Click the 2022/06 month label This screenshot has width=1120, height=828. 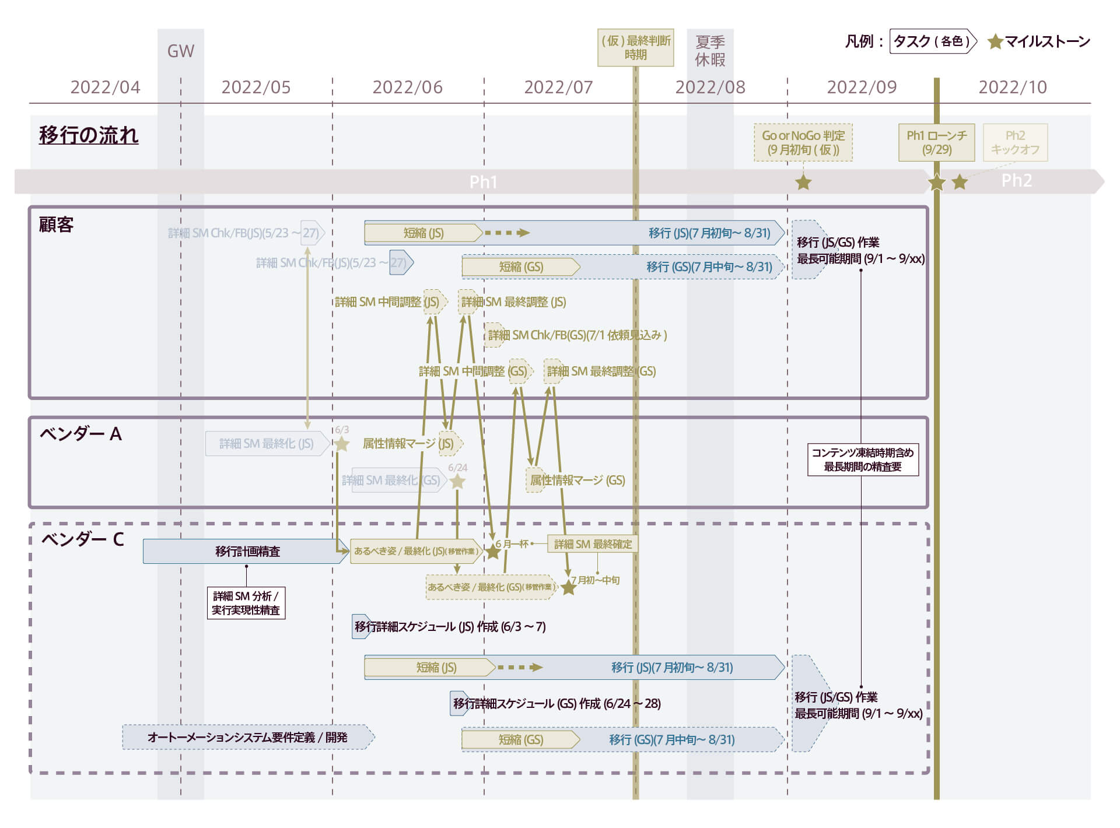pyautogui.click(x=407, y=87)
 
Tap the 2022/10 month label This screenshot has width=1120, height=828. pyautogui.click(x=1012, y=87)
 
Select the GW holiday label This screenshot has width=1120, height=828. pyautogui.click(x=181, y=51)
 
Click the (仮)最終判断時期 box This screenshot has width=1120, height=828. pyautogui.click(x=635, y=48)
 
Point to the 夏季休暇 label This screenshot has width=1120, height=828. pyautogui.click(x=710, y=51)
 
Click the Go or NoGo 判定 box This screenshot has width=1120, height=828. pyautogui.click(x=803, y=142)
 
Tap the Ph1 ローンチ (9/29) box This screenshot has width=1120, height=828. pyautogui.click(x=936, y=142)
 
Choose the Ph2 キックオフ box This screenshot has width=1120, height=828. pyautogui.click(x=1015, y=142)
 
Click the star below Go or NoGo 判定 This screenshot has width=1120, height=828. pyautogui.click(x=803, y=183)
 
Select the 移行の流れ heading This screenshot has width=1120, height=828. pyautogui.click(x=89, y=135)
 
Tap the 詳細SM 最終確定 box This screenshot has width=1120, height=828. pyautogui.click(x=593, y=544)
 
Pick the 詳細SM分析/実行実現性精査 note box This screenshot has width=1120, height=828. pyautogui.click(x=246, y=603)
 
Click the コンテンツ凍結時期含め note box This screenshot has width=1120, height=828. pyautogui.click(x=863, y=459)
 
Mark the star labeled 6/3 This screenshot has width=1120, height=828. pyautogui.click(x=342, y=444)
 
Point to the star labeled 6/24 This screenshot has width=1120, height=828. pyautogui.click(x=458, y=482)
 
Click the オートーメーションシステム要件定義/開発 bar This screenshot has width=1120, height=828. pyautogui.click(x=247, y=737)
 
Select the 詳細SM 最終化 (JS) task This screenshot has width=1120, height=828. pyautogui.click(x=267, y=444)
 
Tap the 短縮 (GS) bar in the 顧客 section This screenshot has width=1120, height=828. pyautogui.click(x=520, y=267)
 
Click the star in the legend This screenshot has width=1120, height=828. pyautogui.click(x=995, y=42)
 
